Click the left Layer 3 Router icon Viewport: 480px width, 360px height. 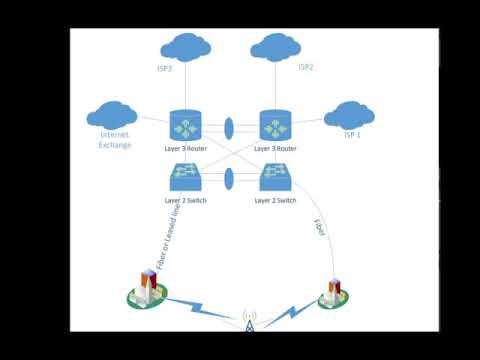[x=186, y=127]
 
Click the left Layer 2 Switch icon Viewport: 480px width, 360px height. [x=186, y=177]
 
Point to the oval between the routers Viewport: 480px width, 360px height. [x=230, y=128]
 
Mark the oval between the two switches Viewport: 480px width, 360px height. [x=230, y=178]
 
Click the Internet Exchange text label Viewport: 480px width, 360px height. [x=115, y=140]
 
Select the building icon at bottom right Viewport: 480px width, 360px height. [x=333, y=292]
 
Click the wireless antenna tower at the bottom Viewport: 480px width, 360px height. [x=249, y=322]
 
